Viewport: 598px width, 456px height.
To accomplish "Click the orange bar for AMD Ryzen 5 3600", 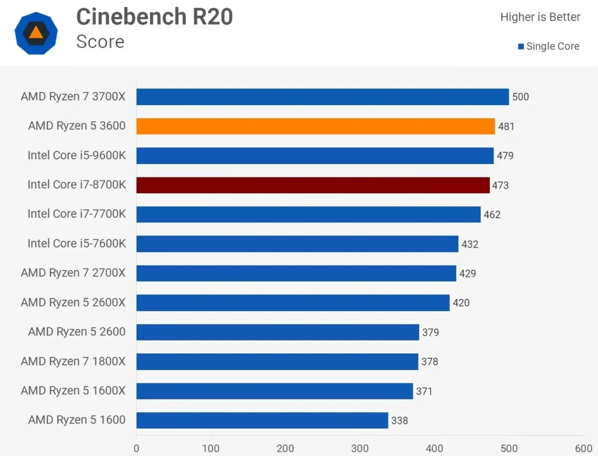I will (315, 126).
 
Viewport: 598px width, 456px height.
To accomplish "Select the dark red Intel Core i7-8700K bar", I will (313, 185).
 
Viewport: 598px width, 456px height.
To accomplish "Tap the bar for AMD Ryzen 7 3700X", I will (322, 97).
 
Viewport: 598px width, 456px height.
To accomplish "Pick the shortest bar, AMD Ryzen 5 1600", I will (262, 420).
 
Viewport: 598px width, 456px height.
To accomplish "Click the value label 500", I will (520, 97).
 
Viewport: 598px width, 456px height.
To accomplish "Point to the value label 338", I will (399, 420).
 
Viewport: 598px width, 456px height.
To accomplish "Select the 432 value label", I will (470, 244).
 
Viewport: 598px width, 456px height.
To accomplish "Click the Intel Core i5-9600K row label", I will (77, 155).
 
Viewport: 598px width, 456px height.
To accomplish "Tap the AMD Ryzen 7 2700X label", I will (73, 273).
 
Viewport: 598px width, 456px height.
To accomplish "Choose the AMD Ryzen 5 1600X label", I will (73, 391).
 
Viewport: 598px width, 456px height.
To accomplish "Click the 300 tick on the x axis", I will (360, 448).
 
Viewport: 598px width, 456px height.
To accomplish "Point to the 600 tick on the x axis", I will (583, 448).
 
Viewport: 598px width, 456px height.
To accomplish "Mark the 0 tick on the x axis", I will (137, 448).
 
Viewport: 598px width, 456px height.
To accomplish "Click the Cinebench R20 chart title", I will (155, 17).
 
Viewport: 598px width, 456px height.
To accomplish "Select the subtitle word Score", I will (100, 41).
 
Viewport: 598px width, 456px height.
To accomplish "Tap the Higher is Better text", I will (540, 17).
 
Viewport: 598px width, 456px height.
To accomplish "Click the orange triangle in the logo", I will (36, 33).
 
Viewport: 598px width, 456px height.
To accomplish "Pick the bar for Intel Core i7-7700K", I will (308, 214).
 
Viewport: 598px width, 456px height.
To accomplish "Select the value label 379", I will (430, 332).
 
